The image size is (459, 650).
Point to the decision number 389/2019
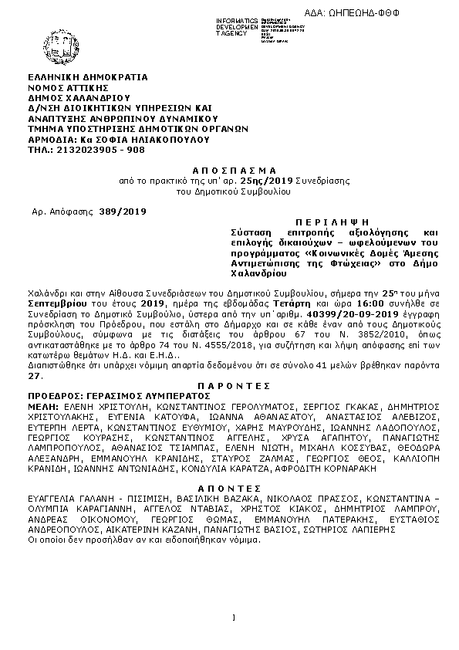click(123, 210)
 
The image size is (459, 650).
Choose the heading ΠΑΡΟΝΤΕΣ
click(231, 384)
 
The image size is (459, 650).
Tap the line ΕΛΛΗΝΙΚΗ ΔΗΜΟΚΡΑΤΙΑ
click(88, 78)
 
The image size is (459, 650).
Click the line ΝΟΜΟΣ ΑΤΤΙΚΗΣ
click(70, 89)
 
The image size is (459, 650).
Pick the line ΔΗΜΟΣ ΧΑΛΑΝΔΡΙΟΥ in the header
click(79, 99)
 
